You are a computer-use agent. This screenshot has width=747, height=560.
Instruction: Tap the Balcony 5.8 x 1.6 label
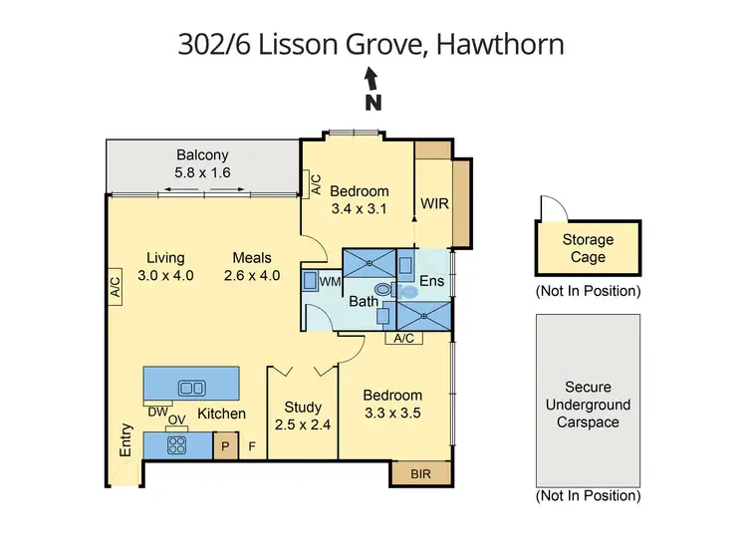point(202,163)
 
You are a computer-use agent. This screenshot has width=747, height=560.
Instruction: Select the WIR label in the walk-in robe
point(434,203)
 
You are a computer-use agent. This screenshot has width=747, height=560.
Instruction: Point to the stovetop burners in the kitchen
point(177,445)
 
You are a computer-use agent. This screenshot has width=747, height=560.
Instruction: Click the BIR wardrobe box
point(421,474)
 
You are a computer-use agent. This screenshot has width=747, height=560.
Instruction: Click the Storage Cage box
point(588,249)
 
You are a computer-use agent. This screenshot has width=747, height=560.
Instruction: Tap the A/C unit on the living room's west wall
point(115,289)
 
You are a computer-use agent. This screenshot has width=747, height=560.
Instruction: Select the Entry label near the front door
point(126,440)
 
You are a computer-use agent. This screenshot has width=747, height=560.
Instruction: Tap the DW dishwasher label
point(156,412)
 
